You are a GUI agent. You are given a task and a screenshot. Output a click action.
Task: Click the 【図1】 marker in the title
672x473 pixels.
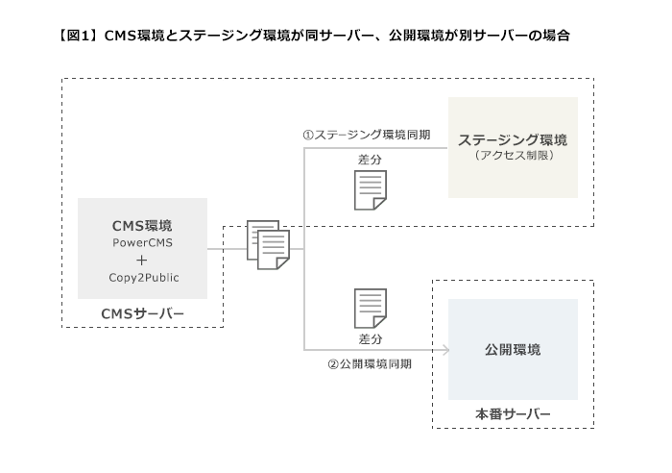coord(78,36)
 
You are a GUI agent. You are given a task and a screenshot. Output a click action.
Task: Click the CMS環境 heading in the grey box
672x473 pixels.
coord(142,224)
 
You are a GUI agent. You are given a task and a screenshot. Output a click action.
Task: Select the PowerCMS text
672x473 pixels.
coord(142,242)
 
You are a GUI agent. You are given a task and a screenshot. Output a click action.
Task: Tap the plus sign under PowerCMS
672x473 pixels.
coord(142,260)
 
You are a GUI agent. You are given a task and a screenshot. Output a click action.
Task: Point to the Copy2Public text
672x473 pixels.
coord(143,277)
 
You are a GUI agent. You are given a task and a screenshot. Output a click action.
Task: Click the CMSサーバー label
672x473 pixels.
coord(142,313)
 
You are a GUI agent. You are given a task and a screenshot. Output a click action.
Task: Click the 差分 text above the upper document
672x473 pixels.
coord(371,159)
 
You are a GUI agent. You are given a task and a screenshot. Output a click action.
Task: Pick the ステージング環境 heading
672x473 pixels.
coord(512,139)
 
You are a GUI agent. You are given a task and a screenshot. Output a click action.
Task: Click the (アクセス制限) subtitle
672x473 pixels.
coord(513,155)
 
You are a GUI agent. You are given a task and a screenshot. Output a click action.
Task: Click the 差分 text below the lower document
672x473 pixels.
coord(371,339)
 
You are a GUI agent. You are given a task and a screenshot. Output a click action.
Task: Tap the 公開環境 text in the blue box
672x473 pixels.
coord(512,349)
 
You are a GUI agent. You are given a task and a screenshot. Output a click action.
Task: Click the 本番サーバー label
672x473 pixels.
coord(513,413)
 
